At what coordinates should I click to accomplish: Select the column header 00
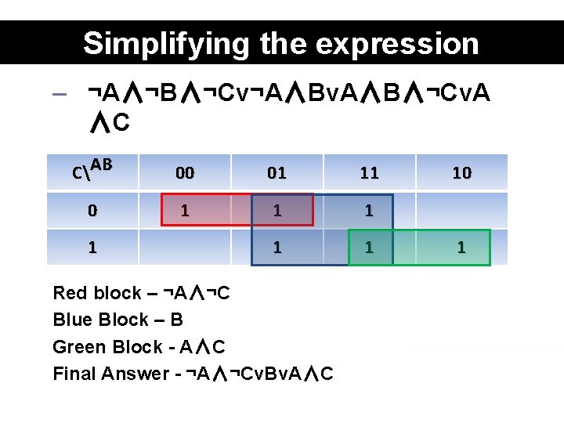pos(185,173)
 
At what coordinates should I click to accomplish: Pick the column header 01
pos(277,173)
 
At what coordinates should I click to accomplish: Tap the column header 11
pos(369,173)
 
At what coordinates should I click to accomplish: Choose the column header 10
pos(461,173)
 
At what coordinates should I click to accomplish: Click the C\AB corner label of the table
pos(92,168)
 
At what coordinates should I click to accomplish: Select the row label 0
pos(92,211)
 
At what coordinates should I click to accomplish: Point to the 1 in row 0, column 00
pos(185,211)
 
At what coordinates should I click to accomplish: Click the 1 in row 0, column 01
pos(277,211)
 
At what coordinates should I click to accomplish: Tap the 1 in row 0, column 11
pos(369,211)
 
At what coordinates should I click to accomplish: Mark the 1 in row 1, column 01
pos(277,248)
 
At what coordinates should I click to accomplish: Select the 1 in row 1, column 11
pos(369,248)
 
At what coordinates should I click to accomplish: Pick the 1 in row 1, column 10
pos(461,248)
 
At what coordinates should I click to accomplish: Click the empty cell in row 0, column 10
pos(461,211)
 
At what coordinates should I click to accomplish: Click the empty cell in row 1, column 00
pos(185,248)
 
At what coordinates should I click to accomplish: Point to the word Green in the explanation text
pos(77,347)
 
